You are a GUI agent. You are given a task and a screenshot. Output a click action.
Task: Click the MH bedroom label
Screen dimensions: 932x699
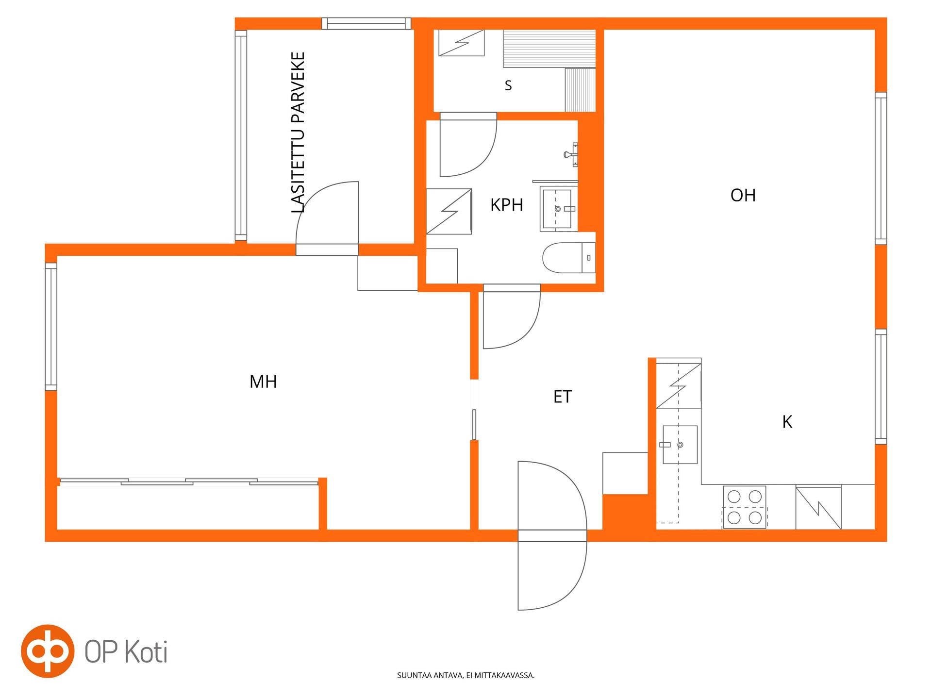click(263, 382)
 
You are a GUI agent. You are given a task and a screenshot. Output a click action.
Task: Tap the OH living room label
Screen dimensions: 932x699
click(743, 195)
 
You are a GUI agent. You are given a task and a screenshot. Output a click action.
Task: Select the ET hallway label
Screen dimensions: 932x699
click(563, 397)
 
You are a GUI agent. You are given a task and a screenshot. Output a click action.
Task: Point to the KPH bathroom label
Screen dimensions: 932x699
click(507, 205)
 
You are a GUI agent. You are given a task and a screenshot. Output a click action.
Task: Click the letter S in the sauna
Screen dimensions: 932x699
click(508, 85)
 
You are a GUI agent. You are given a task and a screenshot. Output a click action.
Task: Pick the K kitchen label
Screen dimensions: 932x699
click(787, 422)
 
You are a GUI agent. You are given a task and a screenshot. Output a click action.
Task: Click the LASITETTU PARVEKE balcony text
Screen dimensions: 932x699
click(298, 133)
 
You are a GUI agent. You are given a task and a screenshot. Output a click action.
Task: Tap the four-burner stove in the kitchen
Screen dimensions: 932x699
click(745, 507)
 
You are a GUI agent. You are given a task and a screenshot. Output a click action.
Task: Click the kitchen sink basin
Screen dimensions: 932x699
click(680, 445)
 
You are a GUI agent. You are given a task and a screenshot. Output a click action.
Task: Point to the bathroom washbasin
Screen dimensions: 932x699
click(559, 209)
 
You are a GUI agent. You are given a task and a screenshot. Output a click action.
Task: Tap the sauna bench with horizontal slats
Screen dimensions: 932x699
click(549, 49)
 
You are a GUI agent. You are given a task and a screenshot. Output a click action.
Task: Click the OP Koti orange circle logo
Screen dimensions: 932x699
click(48, 651)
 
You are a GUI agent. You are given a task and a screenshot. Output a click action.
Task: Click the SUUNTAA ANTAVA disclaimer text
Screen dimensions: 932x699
click(466, 675)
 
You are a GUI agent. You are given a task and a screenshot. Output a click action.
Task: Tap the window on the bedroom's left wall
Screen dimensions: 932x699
click(51, 326)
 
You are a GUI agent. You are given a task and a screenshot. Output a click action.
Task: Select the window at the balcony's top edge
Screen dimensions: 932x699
click(366, 23)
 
